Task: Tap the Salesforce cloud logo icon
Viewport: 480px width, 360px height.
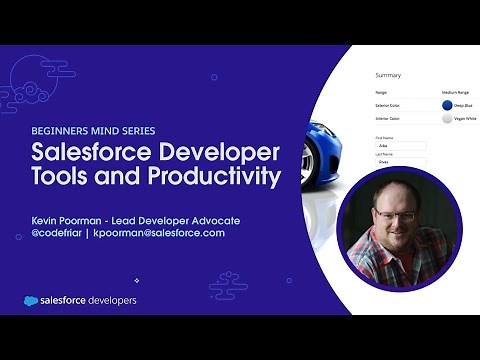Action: tap(34, 300)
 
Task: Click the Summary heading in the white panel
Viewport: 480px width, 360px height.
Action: tap(388, 75)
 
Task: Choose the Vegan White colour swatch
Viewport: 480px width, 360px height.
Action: tap(447, 118)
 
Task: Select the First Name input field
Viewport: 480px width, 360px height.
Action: tap(400, 145)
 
